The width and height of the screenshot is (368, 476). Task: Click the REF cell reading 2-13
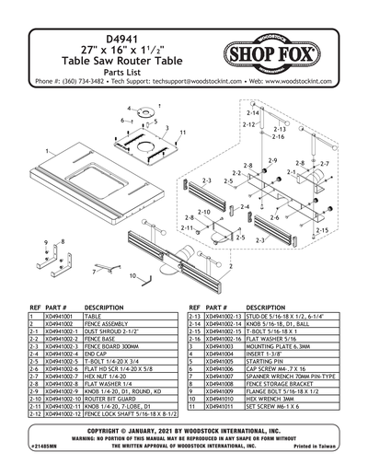click(x=194, y=316)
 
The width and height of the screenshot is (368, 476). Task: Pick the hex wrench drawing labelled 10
click(x=147, y=272)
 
